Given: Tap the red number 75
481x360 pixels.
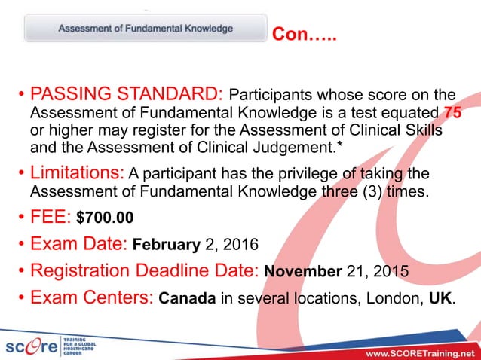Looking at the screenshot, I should [454, 113].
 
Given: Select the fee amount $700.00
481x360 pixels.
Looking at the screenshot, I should [105, 218].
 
